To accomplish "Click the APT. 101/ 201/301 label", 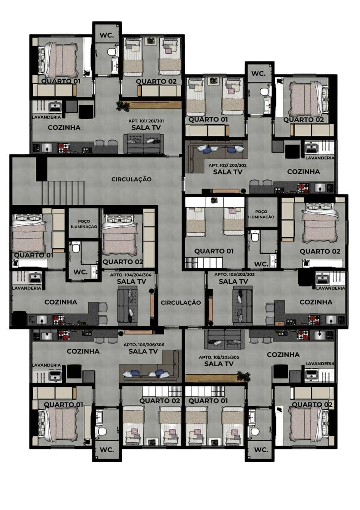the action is click(x=146, y=121).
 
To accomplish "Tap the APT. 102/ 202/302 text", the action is click(x=227, y=165).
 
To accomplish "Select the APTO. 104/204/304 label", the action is click(x=131, y=275).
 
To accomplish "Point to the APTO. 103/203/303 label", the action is click(x=235, y=275).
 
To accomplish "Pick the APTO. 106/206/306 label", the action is click(x=144, y=345).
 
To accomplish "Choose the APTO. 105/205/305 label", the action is click(x=219, y=357).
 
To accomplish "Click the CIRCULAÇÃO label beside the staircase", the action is click(x=131, y=179).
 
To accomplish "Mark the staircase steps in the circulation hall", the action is click(x=63, y=193).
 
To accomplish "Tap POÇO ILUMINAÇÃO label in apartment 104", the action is click(x=84, y=224).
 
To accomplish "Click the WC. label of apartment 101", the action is click(x=107, y=35).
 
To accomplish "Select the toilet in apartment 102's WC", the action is click(x=264, y=92).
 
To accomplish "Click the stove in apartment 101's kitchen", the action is click(x=64, y=148).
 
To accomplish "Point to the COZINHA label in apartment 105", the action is click(x=283, y=355).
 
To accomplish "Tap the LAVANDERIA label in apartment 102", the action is click(x=320, y=158).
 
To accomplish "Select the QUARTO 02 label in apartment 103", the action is click(x=320, y=251).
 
